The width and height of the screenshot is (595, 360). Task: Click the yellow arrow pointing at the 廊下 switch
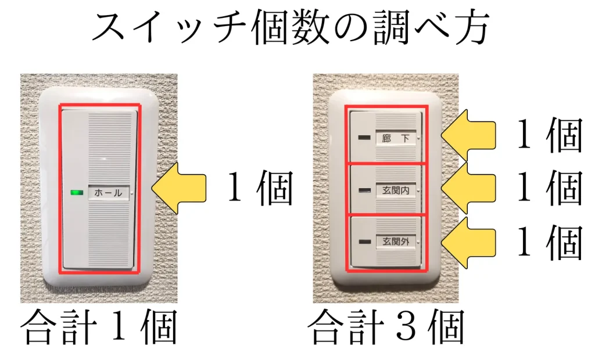(468, 135)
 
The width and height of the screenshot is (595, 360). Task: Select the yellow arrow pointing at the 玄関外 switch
(468, 241)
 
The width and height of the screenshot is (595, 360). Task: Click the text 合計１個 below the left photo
(98, 329)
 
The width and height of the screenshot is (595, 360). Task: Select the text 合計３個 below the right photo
(386, 329)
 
